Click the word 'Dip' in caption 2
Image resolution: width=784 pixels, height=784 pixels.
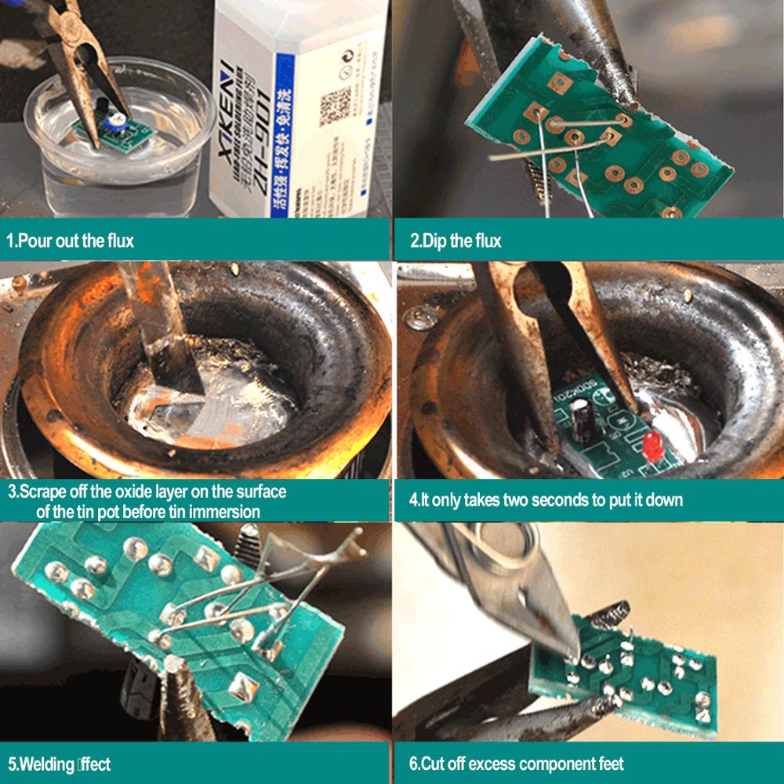(x=442, y=241)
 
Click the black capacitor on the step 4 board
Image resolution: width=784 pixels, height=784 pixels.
(x=582, y=418)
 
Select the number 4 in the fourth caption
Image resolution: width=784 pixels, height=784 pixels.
(x=413, y=500)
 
